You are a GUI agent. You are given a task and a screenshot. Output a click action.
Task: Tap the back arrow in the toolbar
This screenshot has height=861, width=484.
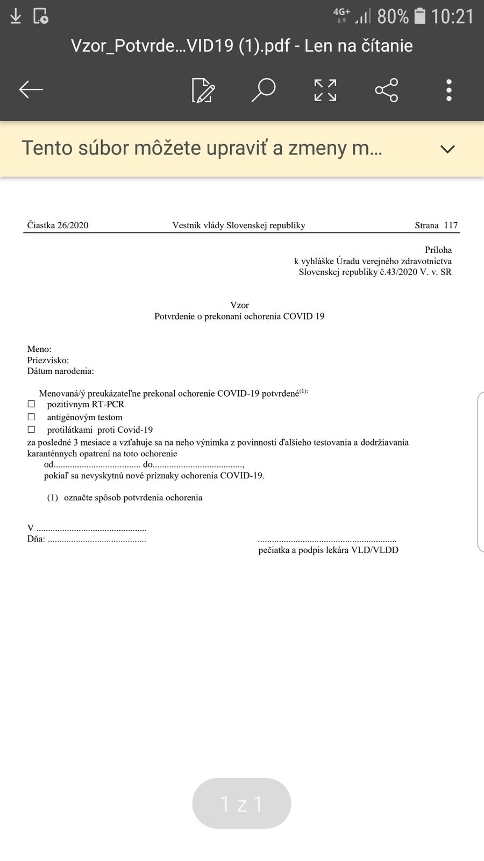point(31,90)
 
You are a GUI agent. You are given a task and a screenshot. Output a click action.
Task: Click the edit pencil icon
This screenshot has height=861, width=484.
point(203,90)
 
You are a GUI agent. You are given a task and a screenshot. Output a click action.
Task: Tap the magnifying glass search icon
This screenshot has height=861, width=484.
point(264,90)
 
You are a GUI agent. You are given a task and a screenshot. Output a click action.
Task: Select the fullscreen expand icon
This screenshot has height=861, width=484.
point(325,90)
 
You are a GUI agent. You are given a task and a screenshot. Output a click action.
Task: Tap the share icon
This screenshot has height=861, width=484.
point(387,90)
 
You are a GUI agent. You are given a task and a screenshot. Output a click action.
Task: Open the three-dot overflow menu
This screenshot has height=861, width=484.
point(449,90)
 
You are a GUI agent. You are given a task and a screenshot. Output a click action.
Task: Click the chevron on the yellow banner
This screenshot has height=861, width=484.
point(447,149)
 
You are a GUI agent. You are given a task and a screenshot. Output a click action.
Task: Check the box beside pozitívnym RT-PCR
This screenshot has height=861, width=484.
point(31,404)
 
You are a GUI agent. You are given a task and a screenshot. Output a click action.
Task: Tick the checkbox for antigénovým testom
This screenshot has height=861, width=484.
point(31,417)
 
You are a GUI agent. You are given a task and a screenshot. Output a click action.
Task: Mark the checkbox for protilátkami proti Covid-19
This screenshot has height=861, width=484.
point(31,429)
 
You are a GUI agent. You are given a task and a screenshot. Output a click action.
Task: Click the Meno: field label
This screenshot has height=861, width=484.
point(39,349)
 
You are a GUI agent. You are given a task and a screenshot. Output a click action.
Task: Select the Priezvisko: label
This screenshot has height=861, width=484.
point(48,361)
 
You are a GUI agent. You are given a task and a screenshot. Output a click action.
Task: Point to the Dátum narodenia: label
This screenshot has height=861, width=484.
point(60,371)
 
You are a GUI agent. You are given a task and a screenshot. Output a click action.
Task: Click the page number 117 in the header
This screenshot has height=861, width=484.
point(451,225)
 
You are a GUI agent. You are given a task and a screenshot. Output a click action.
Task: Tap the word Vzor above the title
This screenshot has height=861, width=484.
point(239,305)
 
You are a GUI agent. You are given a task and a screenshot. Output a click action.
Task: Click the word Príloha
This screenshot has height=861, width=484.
point(438,250)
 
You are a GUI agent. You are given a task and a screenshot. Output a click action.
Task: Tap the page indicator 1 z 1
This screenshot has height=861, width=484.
point(241,803)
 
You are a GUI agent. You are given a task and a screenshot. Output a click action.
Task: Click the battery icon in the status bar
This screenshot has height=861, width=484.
point(420,16)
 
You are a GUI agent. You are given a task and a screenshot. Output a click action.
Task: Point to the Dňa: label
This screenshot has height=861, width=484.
point(36,539)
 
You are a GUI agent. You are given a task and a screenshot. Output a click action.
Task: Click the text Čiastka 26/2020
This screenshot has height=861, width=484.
point(58,225)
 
